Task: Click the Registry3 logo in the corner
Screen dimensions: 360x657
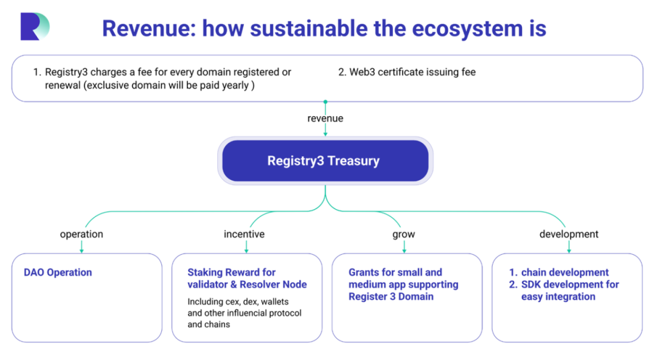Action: click(x=34, y=27)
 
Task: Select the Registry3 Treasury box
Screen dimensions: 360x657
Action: click(x=325, y=161)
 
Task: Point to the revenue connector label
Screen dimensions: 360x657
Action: click(x=325, y=118)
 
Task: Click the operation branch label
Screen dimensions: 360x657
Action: click(x=82, y=234)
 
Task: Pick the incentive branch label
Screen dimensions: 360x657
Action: click(x=244, y=234)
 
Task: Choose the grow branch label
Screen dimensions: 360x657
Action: click(x=403, y=234)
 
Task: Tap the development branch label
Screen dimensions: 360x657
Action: click(x=569, y=234)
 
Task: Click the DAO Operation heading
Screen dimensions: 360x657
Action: click(x=58, y=272)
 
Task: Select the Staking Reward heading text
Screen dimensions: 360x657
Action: click(x=247, y=279)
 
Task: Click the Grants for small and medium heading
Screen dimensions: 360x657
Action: click(x=403, y=284)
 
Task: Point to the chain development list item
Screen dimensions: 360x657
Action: click(x=565, y=272)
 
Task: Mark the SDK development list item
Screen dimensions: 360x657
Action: click(x=569, y=290)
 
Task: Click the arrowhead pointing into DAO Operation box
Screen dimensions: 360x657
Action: click(x=82, y=249)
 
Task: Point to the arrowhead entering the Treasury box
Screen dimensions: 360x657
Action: click(x=325, y=133)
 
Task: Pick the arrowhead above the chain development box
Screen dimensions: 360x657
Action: click(x=569, y=249)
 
